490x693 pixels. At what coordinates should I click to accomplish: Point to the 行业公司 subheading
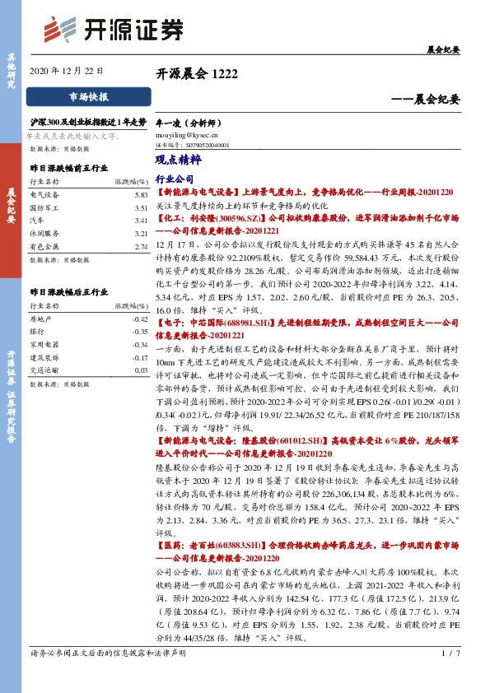click(x=174, y=178)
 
